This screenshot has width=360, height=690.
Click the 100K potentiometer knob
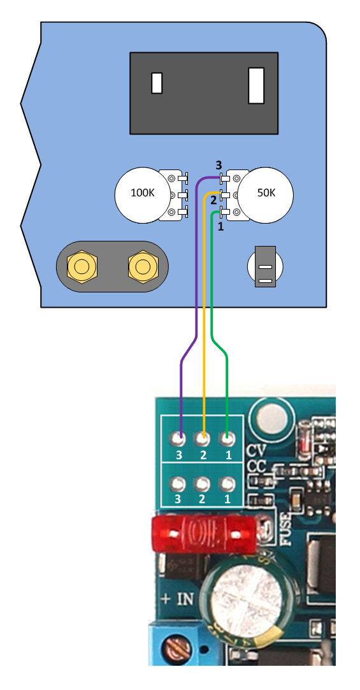143,194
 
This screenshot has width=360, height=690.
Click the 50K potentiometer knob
265,194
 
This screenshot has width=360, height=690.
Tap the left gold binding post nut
82,266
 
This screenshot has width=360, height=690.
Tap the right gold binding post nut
143,266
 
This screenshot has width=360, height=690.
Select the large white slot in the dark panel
256,85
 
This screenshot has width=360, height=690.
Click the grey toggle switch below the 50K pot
265,267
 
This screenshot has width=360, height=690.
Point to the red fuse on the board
204,533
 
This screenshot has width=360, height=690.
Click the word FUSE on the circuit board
285,530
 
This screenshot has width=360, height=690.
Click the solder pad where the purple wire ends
178,438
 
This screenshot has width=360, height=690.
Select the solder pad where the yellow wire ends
203,438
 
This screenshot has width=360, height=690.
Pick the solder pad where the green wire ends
227,438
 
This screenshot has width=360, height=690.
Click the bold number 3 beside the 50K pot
219,166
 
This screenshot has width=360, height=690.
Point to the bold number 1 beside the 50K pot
221,227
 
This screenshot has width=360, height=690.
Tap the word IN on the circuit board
185,599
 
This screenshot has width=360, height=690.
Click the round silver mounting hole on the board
270,416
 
